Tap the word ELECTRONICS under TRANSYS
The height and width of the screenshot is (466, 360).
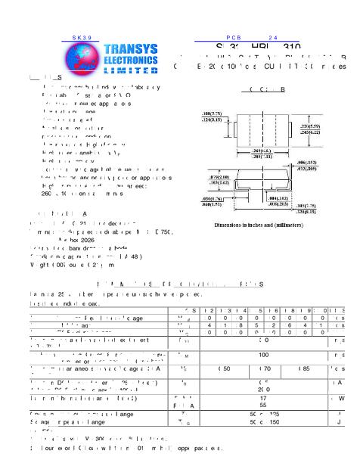click(131, 59)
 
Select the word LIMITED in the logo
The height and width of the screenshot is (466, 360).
click(131, 70)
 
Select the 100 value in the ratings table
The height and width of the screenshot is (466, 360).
click(264, 353)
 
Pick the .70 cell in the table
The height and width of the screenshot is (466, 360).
click(264, 368)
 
